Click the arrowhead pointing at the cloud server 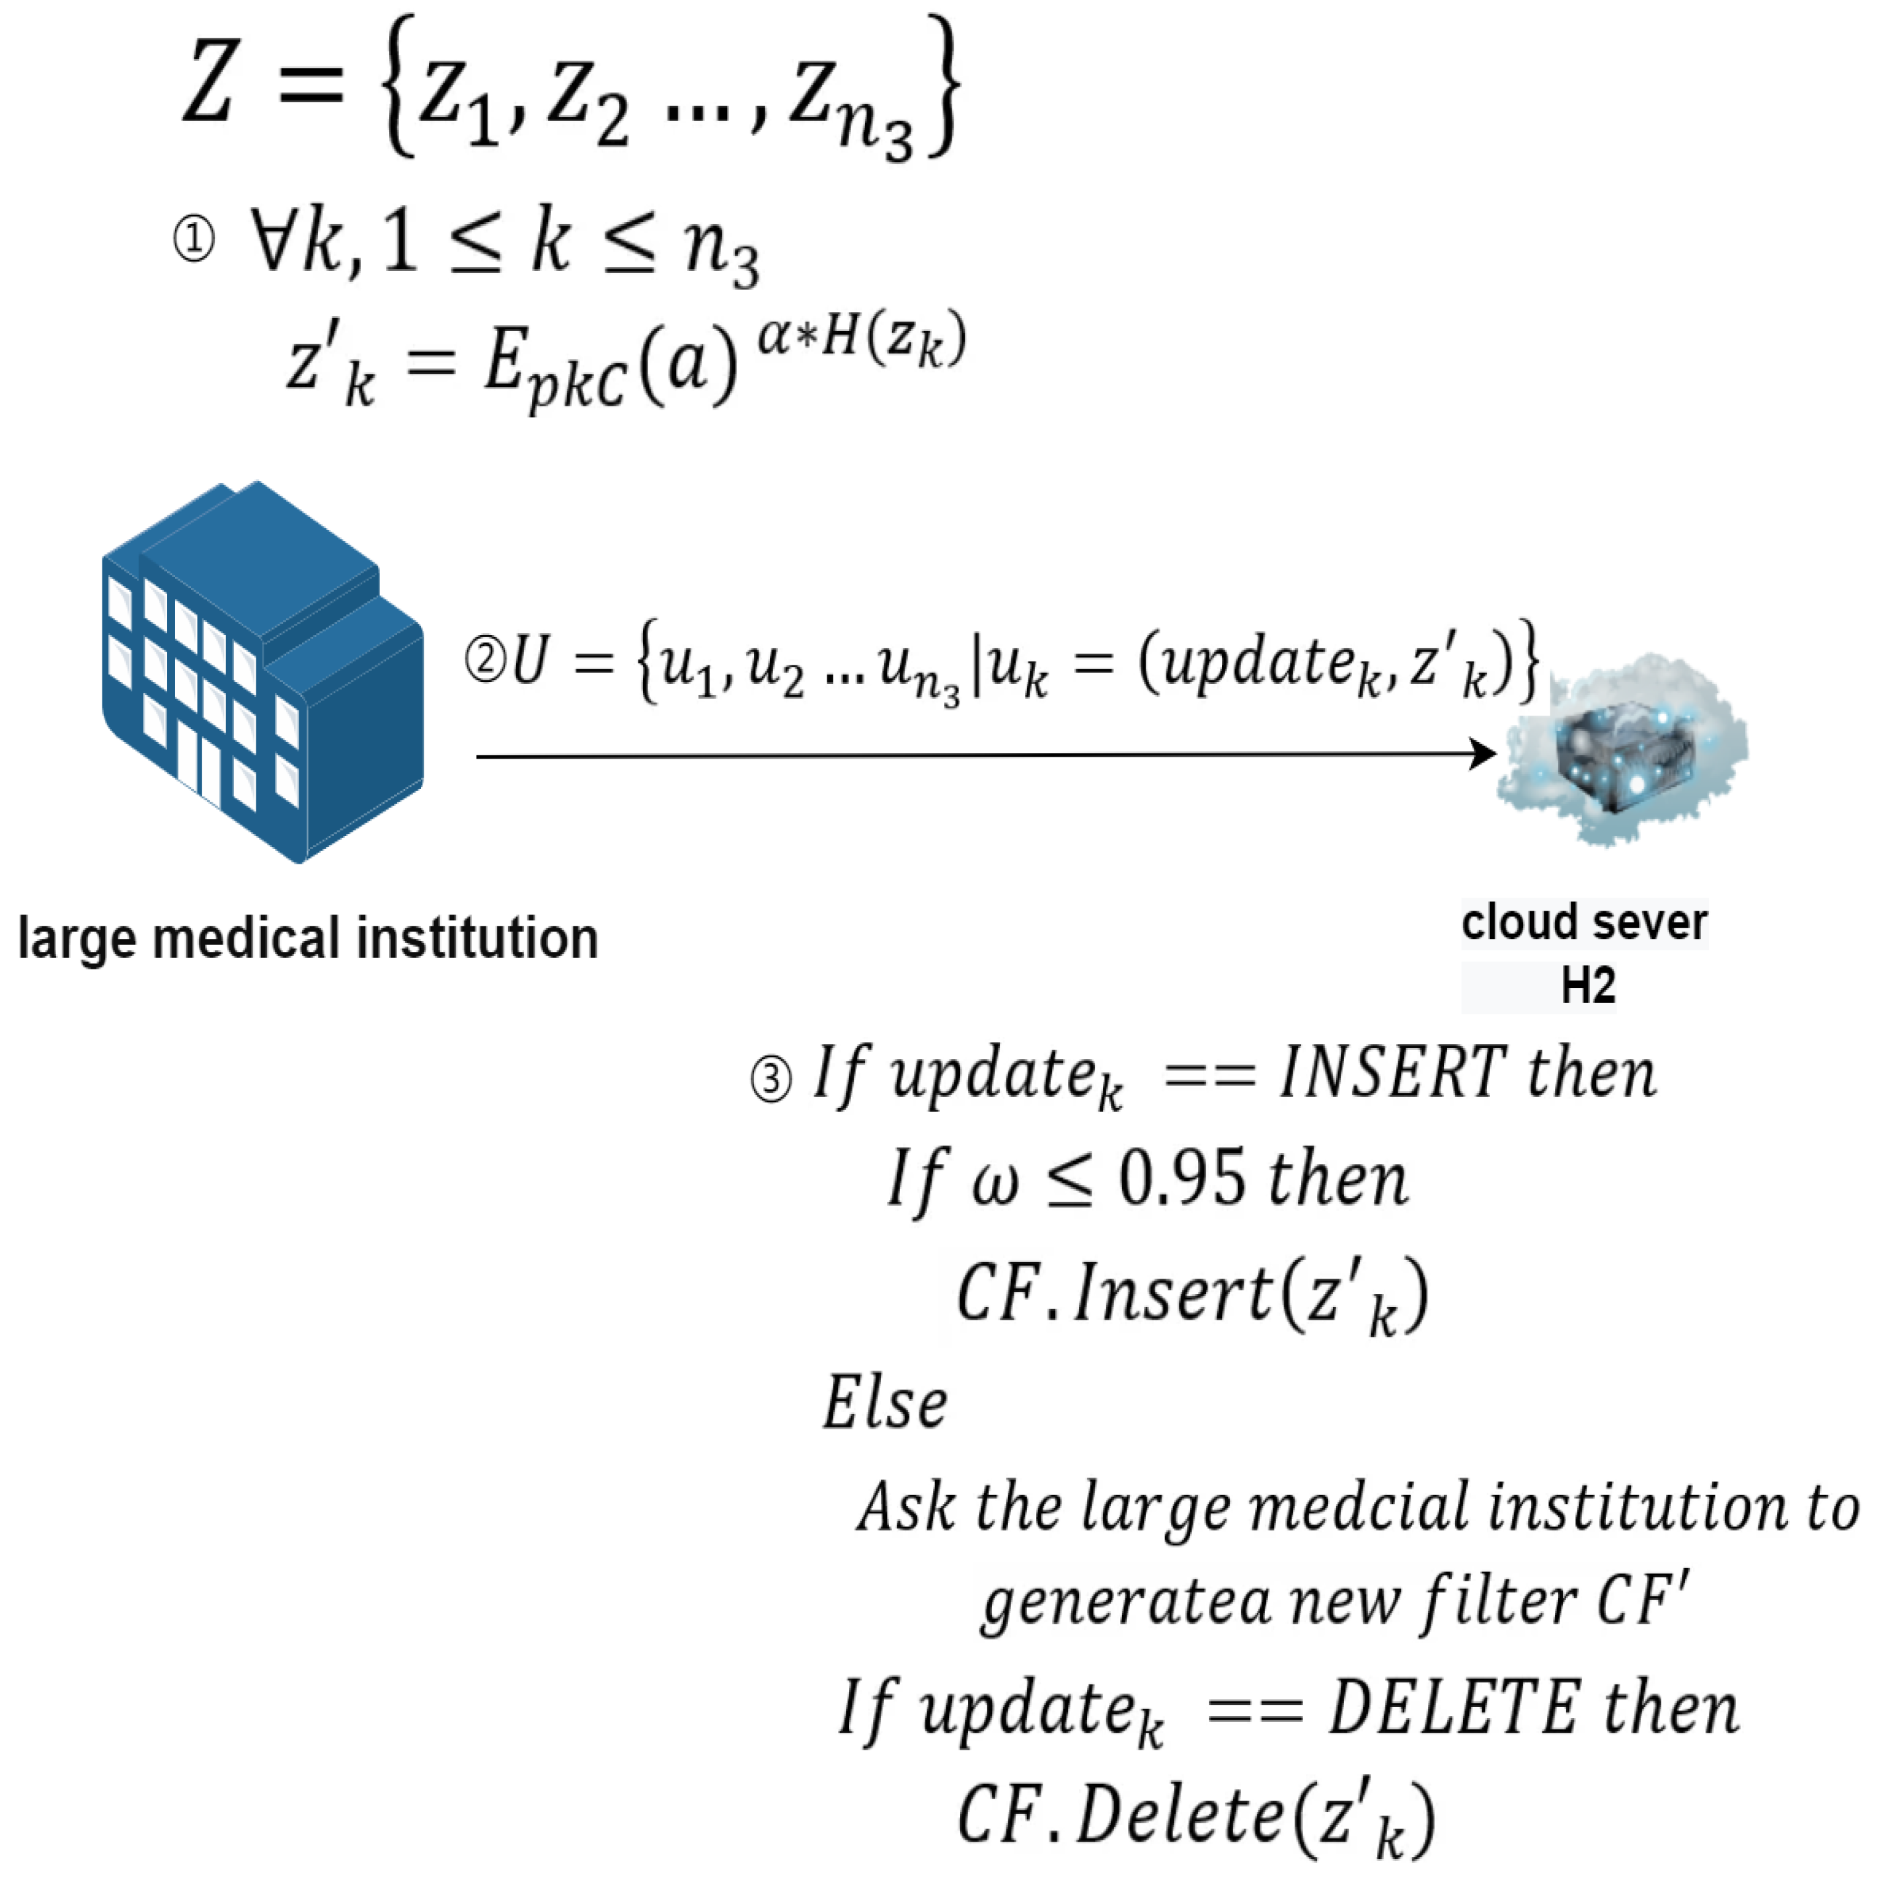click(x=1483, y=754)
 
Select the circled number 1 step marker click(x=194, y=240)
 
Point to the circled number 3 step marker click(x=771, y=1079)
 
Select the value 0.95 click(x=1181, y=1179)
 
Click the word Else click(x=885, y=1404)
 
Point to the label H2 click(x=1588, y=986)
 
